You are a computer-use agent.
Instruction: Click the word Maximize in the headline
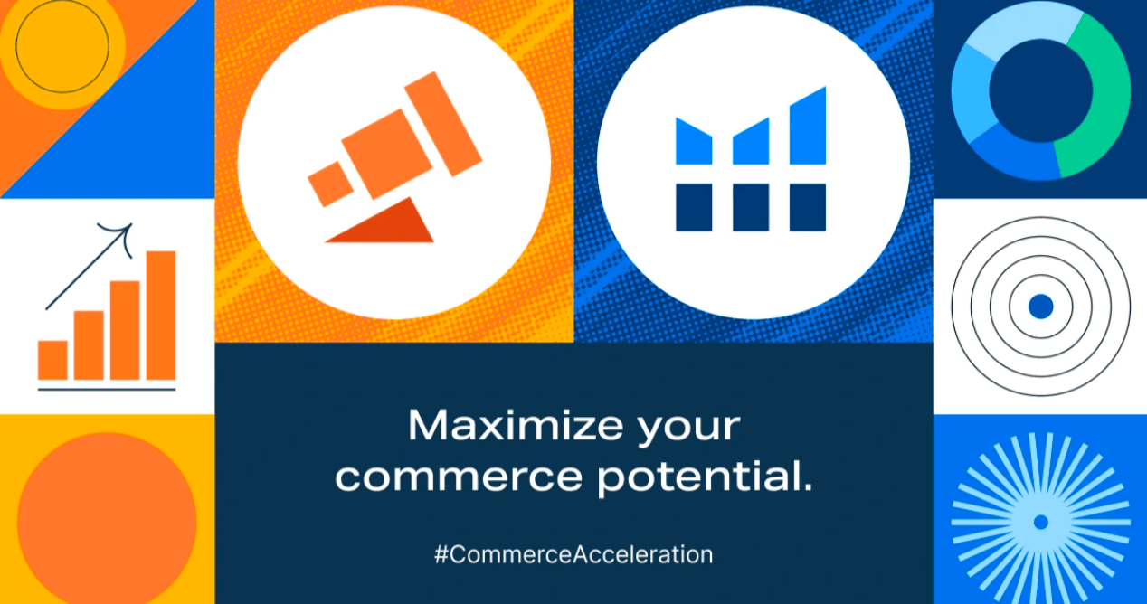[x=516, y=425]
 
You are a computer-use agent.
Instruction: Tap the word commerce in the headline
[x=459, y=477]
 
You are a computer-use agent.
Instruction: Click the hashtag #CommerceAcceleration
[x=573, y=554]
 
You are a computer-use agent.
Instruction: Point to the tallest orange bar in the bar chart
[x=161, y=316]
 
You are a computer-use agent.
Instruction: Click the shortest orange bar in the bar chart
[x=52, y=360]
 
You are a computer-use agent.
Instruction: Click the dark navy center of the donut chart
[x=1040, y=91]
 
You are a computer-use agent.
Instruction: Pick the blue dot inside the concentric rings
[x=1040, y=307]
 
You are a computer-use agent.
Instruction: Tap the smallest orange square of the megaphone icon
[x=331, y=184]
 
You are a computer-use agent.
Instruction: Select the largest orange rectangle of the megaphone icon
[x=443, y=124]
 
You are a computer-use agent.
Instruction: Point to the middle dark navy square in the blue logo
[x=751, y=207]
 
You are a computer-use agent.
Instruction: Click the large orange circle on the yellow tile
[x=107, y=521]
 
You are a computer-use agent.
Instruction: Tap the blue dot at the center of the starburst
[x=1040, y=522]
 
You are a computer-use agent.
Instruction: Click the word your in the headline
[x=688, y=429]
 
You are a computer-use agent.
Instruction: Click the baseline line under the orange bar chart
[x=107, y=390]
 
